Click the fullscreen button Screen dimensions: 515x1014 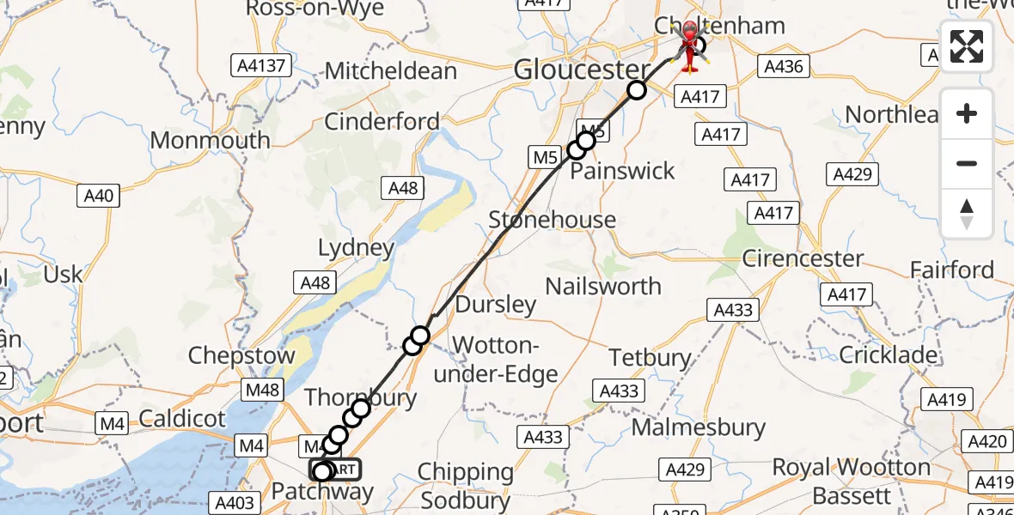point(967,46)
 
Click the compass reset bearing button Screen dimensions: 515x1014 point(967,214)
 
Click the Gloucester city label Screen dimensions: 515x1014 point(582,70)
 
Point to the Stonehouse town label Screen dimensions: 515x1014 point(552,220)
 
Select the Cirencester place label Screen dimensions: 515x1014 point(803,258)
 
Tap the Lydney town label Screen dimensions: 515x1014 point(356,249)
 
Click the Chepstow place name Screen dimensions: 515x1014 point(241,355)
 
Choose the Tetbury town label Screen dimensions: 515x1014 point(651,357)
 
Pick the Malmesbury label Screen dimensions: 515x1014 point(698,427)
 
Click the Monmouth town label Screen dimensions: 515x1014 point(211,141)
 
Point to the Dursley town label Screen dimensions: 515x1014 point(496,305)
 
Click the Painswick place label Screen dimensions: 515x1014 point(623,171)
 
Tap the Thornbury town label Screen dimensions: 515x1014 point(361,397)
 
